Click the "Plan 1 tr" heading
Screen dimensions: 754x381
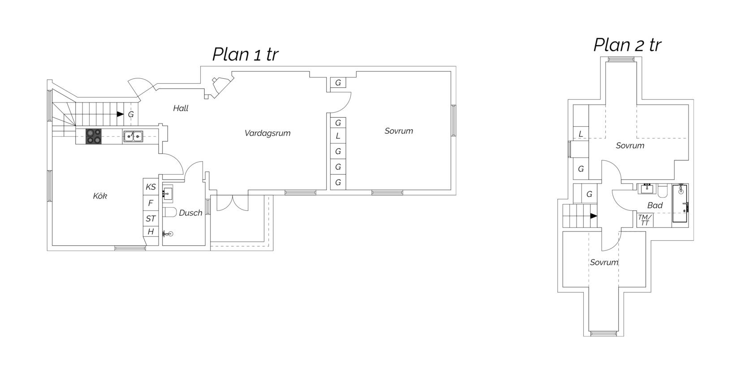tap(246, 54)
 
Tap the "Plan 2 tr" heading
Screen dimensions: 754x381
tap(627, 45)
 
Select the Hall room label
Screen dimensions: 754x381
tap(181, 108)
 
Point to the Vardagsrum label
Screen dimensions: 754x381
tap(267, 133)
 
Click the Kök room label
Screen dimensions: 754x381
tap(100, 196)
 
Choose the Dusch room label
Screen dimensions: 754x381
tap(190, 213)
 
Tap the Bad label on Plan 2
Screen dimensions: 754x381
tap(655, 205)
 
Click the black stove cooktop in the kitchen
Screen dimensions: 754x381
tap(94, 137)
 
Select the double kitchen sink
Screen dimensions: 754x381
tap(133, 136)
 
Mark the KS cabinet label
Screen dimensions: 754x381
tap(151, 187)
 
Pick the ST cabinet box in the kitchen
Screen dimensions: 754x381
tap(151, 218)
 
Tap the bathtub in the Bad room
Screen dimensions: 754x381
tap(680, 203)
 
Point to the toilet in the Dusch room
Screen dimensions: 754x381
tap(170, 212)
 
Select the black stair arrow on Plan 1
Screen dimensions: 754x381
tap(120, 114)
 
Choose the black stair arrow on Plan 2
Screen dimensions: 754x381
tap(594, 216)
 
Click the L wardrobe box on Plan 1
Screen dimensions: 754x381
tap(338, 136)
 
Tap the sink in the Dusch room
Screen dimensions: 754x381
tap(167, 193)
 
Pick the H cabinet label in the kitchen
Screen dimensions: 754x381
tap(151, 231)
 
